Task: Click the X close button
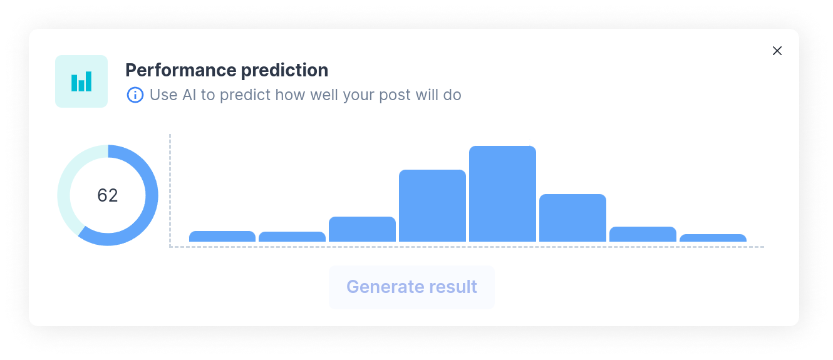point(777,51)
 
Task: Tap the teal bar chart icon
point(81,81)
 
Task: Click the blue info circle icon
point(135,95)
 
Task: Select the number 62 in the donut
point(108,195)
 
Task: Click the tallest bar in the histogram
point(502,194)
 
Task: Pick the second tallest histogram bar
point(432,206)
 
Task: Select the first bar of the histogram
point(222,237)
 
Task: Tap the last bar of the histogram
point(713,238)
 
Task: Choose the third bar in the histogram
point(362,229)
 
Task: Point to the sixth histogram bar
point(572,218)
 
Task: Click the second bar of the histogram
point(292,237)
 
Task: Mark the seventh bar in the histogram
point(643,234)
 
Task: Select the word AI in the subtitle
point(189,95)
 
